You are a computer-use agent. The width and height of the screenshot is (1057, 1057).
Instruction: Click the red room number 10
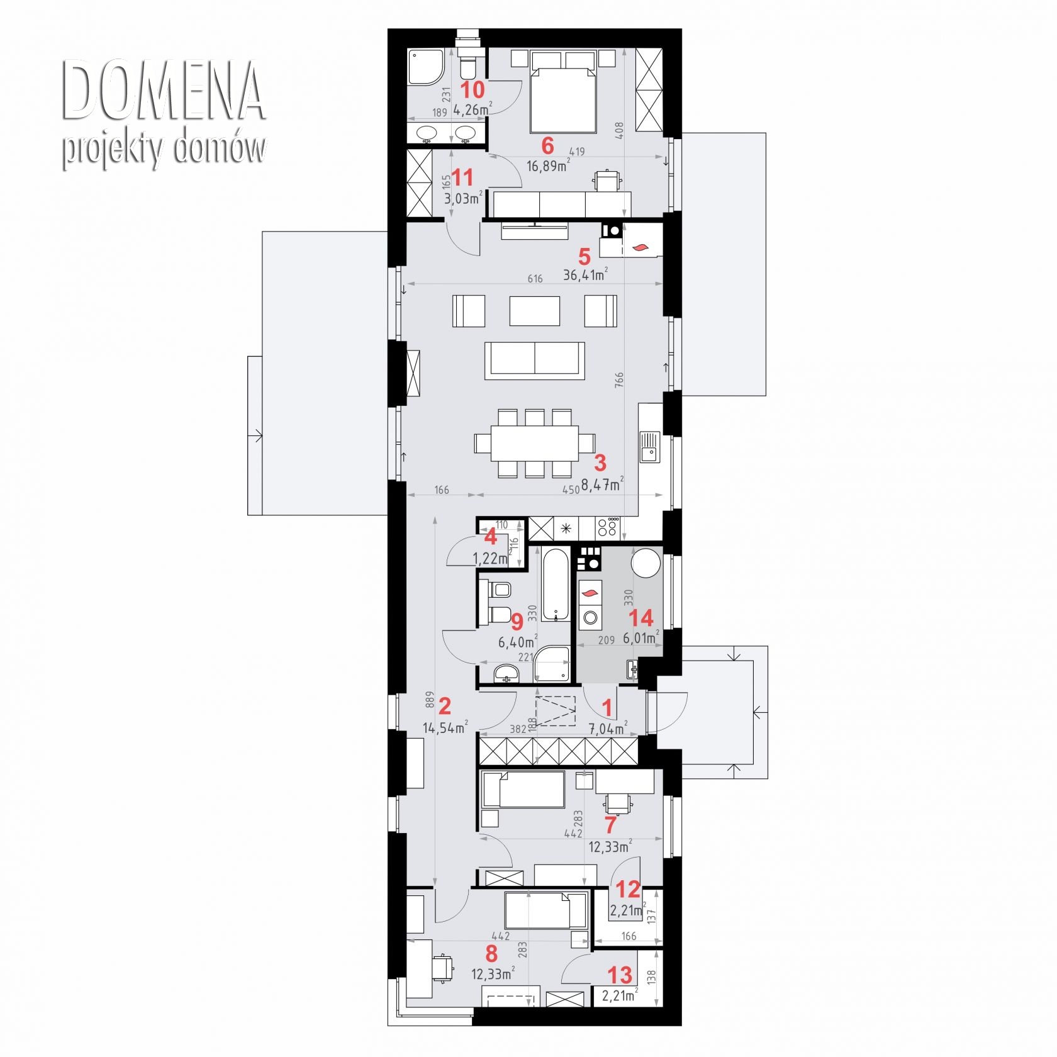point(473,89)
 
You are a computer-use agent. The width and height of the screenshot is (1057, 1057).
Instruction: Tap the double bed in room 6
point(563,92)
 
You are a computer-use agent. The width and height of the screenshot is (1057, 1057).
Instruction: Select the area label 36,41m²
point(585,274)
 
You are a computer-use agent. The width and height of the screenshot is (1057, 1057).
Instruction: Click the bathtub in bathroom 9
point(556,585)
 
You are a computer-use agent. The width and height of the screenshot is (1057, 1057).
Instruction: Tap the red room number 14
point(641,618)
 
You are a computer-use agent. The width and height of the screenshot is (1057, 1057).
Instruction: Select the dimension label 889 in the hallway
point(430,701)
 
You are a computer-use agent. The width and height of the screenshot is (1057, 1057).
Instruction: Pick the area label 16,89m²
point(548,166)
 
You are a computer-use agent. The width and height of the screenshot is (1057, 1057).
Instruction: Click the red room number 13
point(620,975)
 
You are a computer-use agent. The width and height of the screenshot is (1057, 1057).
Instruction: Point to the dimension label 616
point(535,278)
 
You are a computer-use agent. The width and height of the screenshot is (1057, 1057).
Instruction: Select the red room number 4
point(490,537)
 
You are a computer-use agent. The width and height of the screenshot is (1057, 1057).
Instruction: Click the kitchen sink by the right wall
point(650,447)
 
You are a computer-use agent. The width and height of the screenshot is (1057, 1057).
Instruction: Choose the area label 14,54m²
point(445,728)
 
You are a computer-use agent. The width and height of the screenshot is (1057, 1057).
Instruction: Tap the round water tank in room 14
point(646,562)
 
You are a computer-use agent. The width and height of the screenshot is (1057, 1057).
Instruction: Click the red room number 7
point(610,824)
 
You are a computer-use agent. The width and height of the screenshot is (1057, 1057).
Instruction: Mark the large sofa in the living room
point(535,361)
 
